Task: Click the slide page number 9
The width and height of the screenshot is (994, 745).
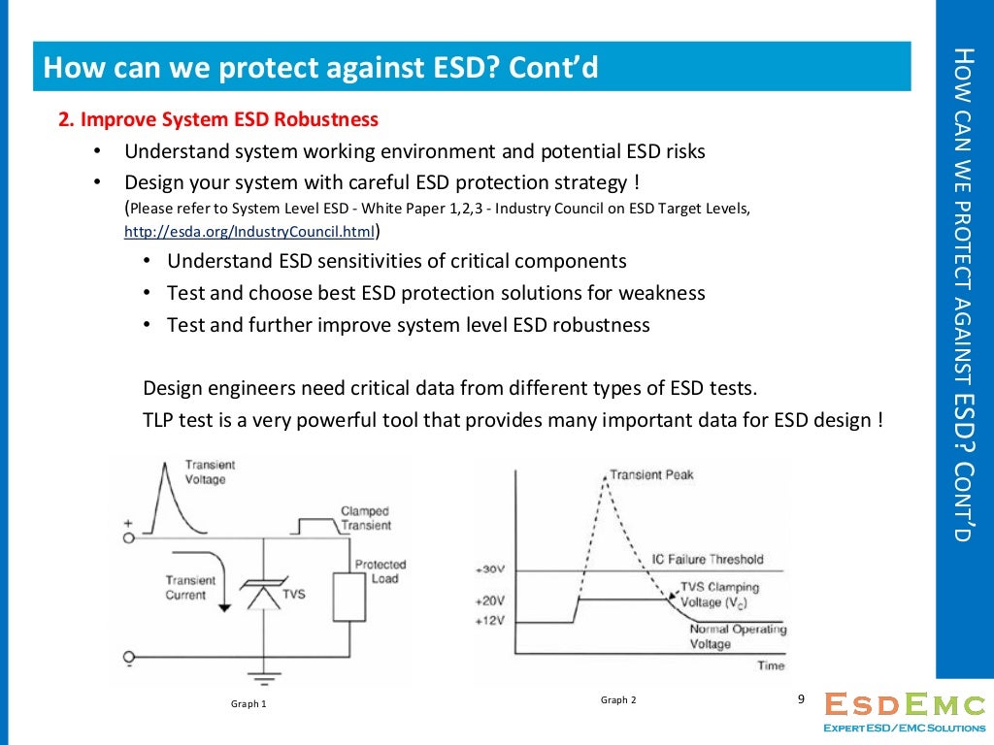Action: [x=801, y=699]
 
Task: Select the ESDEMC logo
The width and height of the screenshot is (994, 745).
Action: [x=903, y=711]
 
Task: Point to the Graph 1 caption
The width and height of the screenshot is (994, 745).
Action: [x=248, y=703]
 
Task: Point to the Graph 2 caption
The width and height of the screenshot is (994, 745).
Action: [x=618, y=699]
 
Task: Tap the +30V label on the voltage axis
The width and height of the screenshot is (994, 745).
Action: [x=491, y=569]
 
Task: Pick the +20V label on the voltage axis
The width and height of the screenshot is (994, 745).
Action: [x=491, y=600]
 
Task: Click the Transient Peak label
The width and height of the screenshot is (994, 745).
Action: [x=651, y=474]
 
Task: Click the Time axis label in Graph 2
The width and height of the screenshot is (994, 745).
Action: [x=771, y=665]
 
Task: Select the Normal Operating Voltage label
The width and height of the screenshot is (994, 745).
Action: [x=737, y=636]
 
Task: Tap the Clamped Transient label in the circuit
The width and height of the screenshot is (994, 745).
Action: [x=365, y=518]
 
